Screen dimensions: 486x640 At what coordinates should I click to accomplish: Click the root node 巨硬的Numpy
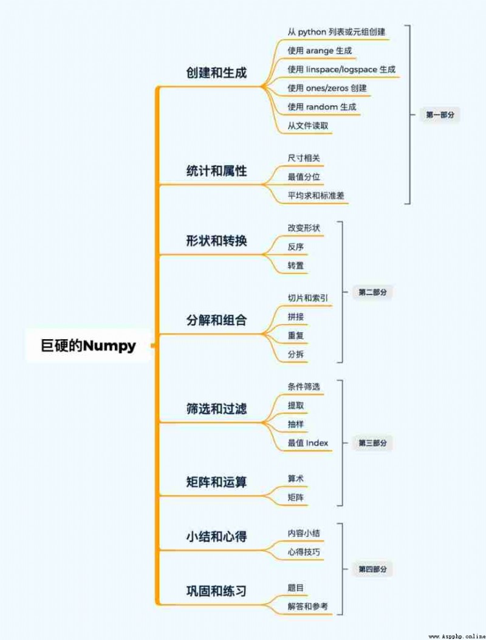pos(88,345)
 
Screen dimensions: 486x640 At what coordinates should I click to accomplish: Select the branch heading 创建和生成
pos(216,73)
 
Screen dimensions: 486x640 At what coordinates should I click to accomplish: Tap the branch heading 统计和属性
pos(216,171)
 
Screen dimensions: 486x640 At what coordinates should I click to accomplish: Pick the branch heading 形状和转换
pos(216,241)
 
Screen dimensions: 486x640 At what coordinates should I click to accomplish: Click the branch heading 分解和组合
pos(216,320)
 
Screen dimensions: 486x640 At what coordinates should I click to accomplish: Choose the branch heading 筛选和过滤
pos(216,408)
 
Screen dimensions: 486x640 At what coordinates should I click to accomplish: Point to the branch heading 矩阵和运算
pos(216,481)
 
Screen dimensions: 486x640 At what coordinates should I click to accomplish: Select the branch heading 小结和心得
pos(216,536)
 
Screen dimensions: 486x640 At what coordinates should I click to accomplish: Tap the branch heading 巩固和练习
pos(216,591)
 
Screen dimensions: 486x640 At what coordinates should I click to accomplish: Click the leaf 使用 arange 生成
pos(320,50)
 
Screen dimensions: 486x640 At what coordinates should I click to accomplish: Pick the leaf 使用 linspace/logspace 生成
pos(341,69)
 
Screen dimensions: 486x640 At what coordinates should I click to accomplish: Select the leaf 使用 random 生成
pos(321,107)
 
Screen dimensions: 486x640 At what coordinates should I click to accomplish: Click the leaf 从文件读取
pos(307,126)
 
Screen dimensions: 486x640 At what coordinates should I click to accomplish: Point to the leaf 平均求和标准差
pos(316,196)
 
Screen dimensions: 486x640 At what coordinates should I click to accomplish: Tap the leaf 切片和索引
pos(307,298)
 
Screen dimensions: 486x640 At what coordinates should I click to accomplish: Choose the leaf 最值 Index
pos(307,443)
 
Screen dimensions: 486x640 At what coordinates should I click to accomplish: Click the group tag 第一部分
pos(440,115)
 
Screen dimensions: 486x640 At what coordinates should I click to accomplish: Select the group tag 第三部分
pos(372,443)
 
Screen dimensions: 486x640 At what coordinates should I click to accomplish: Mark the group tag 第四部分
pos(372,569)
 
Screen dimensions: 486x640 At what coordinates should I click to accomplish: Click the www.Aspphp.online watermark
pos(457,636)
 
